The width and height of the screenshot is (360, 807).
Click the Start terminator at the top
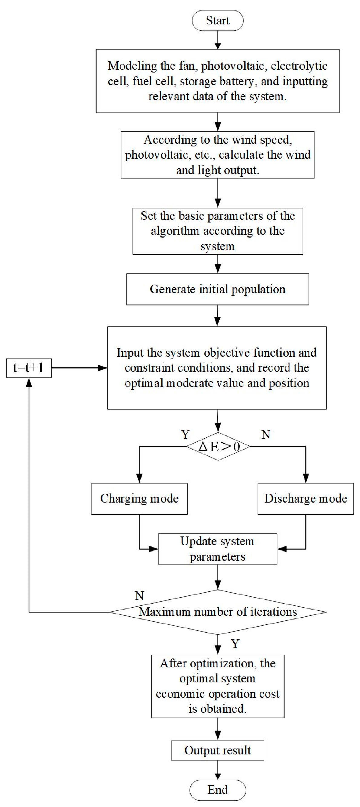click(x=217, y=21)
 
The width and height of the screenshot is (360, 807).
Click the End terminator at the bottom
click(x=217, y=790)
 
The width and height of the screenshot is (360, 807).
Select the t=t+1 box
click(x=29, y=368)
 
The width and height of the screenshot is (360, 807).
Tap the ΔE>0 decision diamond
click(x=218, y=446)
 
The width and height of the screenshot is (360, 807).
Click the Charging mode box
click(x=139, y=499)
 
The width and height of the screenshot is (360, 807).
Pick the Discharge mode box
click(x=305, y=499)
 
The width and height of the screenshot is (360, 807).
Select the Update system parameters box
click(x=217, y=549)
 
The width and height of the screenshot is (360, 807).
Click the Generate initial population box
click(x=217, y=289)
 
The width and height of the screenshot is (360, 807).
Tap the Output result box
click(x=217, y=750)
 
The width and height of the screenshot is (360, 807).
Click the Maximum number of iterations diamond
click(x=217, y=612)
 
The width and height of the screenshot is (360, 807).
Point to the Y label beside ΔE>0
click(x=185, y=435)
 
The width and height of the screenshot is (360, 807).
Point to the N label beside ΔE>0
click(x=266, y=435)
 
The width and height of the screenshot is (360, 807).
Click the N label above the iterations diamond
click(x=139, y=595)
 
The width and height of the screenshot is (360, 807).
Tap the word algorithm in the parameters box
click(x=175, y=231)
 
